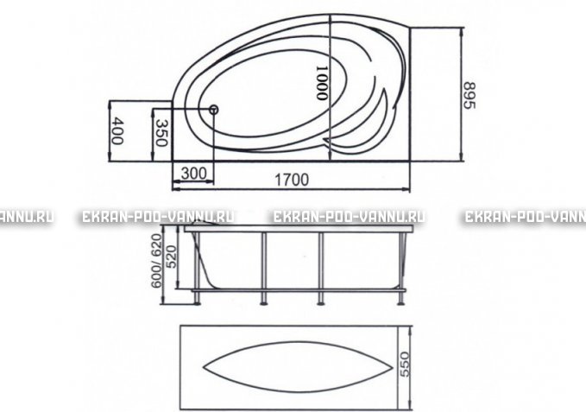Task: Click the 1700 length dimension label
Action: pos(292,180)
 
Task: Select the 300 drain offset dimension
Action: pos(193,174)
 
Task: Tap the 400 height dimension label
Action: pos(117,130)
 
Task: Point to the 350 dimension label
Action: pos(161,133)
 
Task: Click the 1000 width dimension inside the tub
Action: pos(322,83)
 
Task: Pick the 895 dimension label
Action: pos(469,95)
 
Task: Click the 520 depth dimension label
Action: pos(171,257)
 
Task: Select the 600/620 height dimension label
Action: pos(156,261)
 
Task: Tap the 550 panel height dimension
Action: pos(405,364)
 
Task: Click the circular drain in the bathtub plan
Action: pos(213,110)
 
